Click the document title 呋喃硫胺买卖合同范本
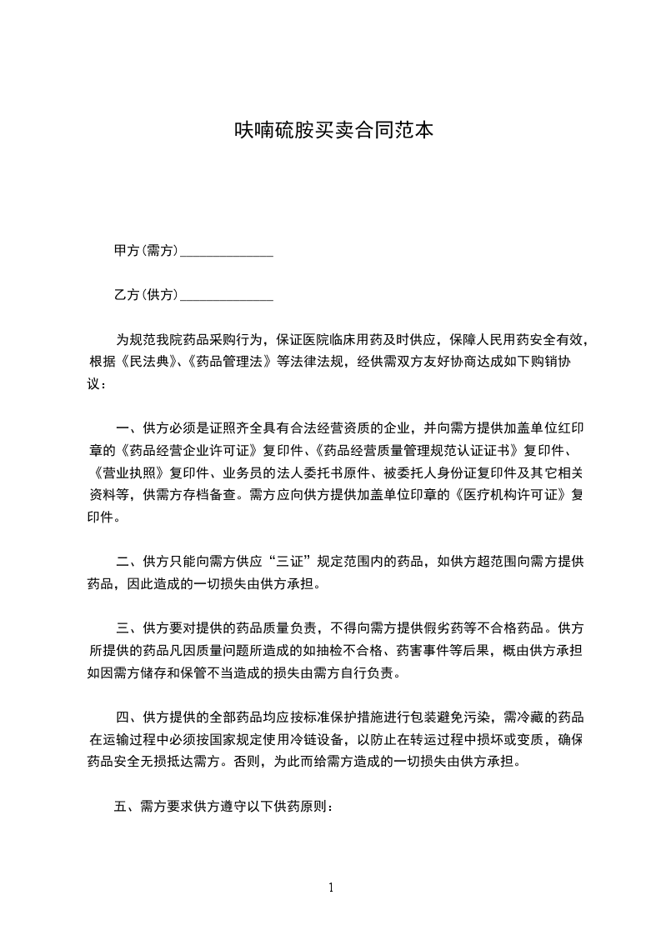coord(330,131)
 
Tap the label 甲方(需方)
coord(146,250)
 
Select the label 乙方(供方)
coord(146,294)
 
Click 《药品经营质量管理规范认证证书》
coord(413,452)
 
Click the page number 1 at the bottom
coord(331,887)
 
